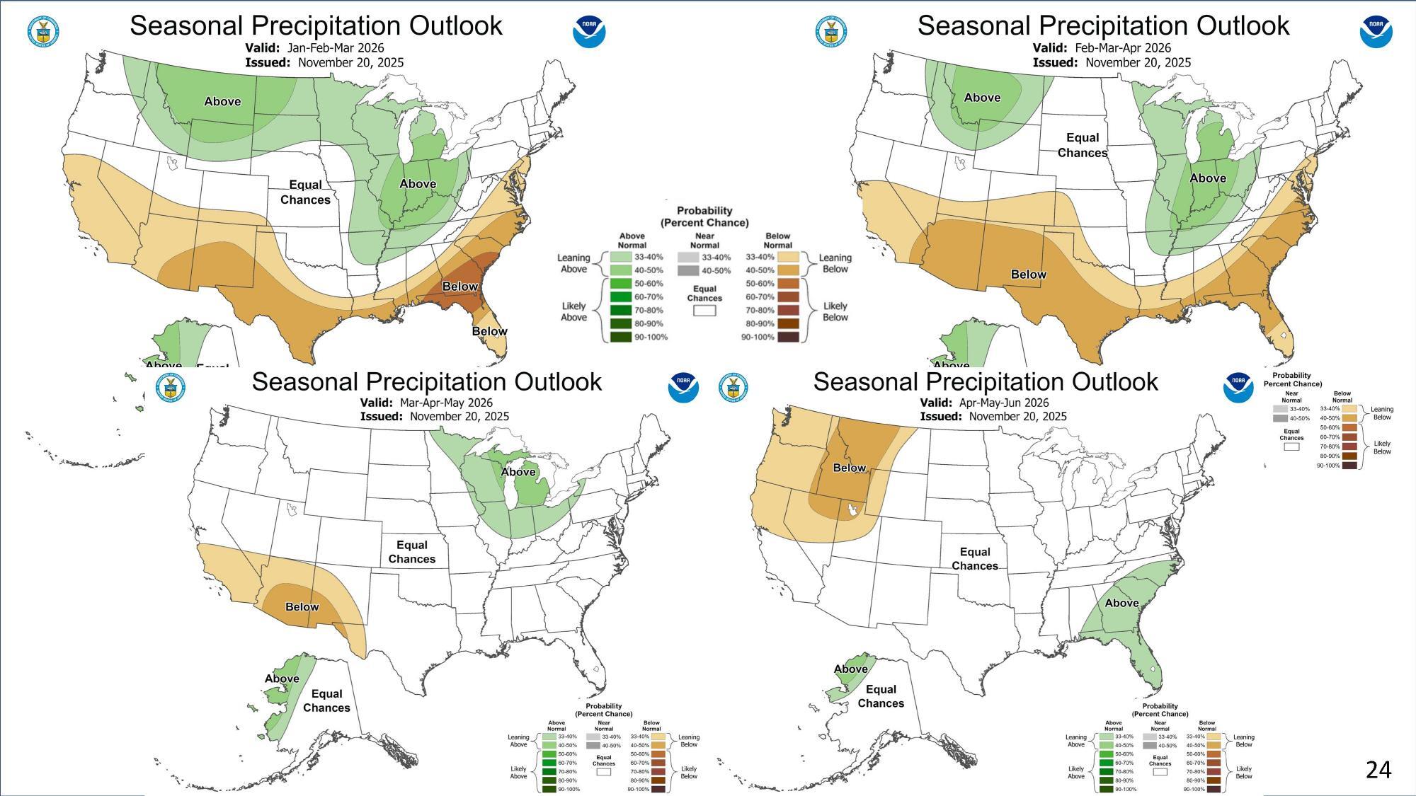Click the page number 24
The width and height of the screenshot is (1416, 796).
tap(1378, 769)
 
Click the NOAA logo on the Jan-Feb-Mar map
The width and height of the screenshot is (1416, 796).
tap(588, 31)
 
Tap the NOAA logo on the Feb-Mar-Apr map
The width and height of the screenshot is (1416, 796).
tap(1376, 31)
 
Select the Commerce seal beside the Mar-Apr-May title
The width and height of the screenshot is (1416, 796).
tap(170, 388)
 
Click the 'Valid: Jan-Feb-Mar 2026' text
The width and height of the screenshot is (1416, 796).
tap(314, 48)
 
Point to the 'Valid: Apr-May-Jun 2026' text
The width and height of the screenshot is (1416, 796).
tap(984, 403)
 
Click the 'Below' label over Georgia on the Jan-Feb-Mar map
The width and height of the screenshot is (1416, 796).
tap(460, 287)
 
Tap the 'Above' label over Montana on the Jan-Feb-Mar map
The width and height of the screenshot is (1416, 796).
tap(222, 101)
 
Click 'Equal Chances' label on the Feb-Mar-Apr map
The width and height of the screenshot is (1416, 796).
tap(1082, 145)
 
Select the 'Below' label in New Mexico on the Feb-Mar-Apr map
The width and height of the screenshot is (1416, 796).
tap(1028, 275)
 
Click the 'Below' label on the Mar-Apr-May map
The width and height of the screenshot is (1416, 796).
tap(302, 607)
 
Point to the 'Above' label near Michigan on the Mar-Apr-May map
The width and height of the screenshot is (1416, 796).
tap(518, 472)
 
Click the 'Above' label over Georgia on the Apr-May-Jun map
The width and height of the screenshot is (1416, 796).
tap(1121, 603)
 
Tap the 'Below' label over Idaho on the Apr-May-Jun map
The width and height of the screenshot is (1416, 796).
tap(849, 468)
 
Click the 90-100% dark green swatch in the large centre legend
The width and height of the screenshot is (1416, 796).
tap(621, 337)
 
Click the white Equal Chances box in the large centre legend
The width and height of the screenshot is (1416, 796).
tap(704, 310)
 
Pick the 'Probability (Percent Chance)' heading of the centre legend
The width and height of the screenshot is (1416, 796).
tap(704, 217)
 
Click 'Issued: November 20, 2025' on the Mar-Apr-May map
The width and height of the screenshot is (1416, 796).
tap(434, 416)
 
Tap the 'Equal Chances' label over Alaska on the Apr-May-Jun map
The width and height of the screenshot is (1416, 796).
tap(881, 696)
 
